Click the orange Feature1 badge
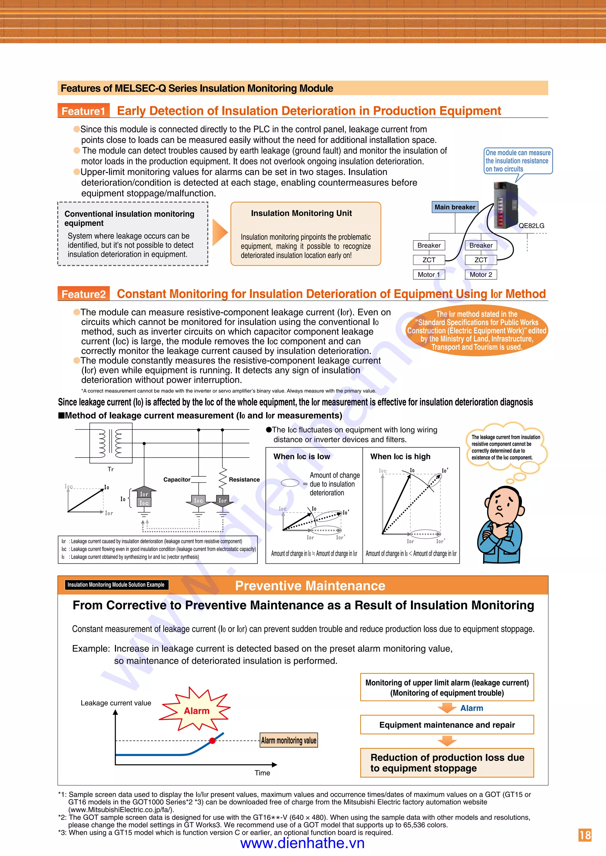coord(83,111)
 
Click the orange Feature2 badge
coord(83,294)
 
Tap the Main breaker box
coord(454,207)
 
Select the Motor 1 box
coord(429,274)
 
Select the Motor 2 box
coord(481,274)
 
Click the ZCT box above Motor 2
coord(481,260)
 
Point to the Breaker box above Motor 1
coord(429,245)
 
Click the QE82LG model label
coord(531,226)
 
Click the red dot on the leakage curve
coord(212,740)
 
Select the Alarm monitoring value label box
coord(289,740)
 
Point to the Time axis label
coord(262,773)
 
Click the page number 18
coord(585,835)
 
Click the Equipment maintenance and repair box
coord(447,725)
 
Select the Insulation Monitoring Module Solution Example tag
coord(116,585)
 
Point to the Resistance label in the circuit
coord(244,479)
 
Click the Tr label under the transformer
coord(110,469)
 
